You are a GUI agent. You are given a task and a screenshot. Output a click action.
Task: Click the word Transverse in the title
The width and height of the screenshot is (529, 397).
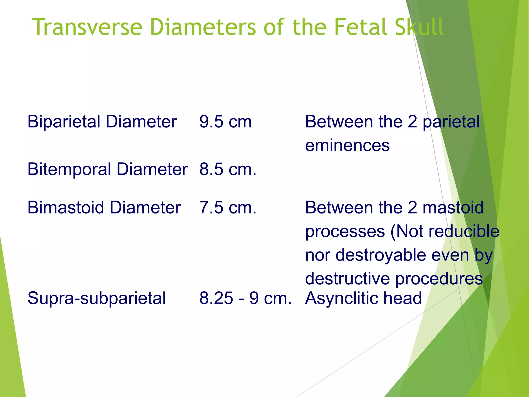[x=87, y=27]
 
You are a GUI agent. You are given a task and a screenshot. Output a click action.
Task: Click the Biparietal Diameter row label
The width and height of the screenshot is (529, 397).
[x=102, y=121]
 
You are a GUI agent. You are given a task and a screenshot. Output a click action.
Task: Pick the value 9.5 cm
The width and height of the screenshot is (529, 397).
[x=225, y=121]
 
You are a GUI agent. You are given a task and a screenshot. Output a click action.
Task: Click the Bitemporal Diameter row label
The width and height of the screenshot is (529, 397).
[x=107, y=169]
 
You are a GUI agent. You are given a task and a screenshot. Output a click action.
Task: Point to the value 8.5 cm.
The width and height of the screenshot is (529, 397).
[x=228, y=169]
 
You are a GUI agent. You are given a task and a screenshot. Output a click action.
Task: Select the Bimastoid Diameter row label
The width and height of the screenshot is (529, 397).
[x=104, y=208]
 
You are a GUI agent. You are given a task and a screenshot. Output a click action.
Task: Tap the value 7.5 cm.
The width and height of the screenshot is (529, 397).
[x=228, y=208]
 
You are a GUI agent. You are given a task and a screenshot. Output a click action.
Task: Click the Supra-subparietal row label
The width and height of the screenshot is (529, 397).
[x=97, y=298]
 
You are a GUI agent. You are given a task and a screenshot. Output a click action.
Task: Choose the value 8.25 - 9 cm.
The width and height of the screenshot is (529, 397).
[x=245, y=298]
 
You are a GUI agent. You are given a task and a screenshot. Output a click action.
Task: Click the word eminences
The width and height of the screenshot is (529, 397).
[x=347, y=145]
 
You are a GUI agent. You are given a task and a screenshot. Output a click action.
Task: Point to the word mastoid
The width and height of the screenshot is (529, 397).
[x=453, y=208]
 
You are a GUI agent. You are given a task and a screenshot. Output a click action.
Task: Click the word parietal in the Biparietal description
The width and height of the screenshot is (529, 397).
[x=451, y=121]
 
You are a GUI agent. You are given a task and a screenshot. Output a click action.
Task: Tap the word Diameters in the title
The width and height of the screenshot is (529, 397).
[x=203, y=27]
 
